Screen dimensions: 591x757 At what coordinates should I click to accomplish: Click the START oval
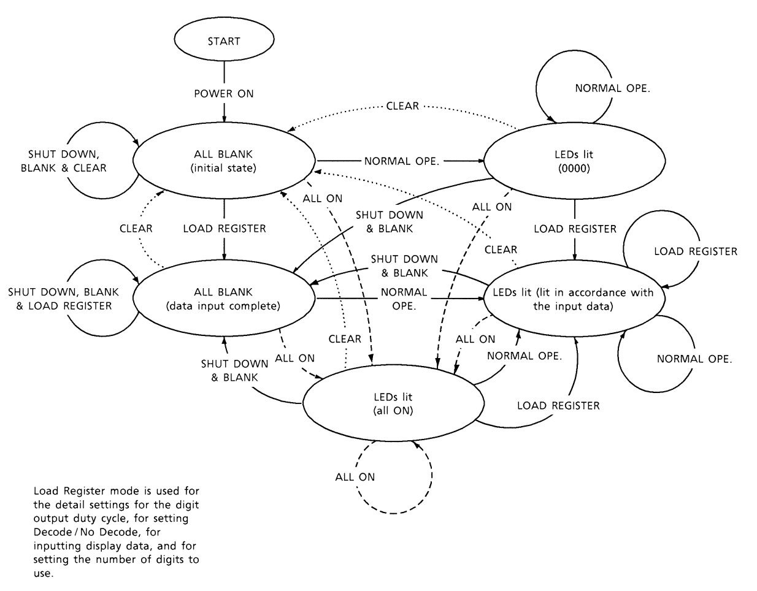click(224, 42)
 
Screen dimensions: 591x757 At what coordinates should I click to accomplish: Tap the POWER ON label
click(224, 94)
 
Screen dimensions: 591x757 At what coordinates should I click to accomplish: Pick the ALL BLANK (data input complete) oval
click(223, 299)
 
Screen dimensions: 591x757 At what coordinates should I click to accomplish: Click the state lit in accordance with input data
click(572, 299)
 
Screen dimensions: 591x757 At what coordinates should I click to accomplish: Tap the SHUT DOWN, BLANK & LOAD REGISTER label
click(64, 299)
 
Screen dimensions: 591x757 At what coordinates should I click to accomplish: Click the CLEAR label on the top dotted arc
click(402, 106)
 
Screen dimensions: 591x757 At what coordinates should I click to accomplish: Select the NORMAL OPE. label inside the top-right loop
click(612, 88)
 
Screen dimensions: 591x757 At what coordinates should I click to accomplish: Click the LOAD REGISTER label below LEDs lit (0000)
click(575, 229)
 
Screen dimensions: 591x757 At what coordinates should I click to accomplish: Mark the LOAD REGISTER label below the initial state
click(225, 229)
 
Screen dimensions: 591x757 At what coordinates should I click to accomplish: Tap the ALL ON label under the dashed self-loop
click(355, 476)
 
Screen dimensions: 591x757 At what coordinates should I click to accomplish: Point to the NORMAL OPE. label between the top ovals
click(402, 161)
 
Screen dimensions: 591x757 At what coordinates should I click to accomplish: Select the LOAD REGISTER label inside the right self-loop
click(696, 251)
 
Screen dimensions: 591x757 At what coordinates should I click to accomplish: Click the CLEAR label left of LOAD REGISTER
click(136, 229)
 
